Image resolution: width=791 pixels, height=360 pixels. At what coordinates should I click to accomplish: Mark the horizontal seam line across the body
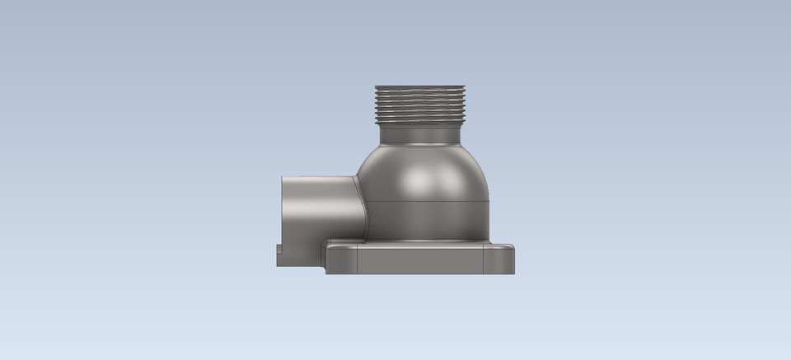[424, 201]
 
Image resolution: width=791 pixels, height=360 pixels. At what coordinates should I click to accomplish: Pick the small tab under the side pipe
[280, 255]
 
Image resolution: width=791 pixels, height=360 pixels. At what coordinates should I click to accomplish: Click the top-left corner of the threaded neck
[376, 87]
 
